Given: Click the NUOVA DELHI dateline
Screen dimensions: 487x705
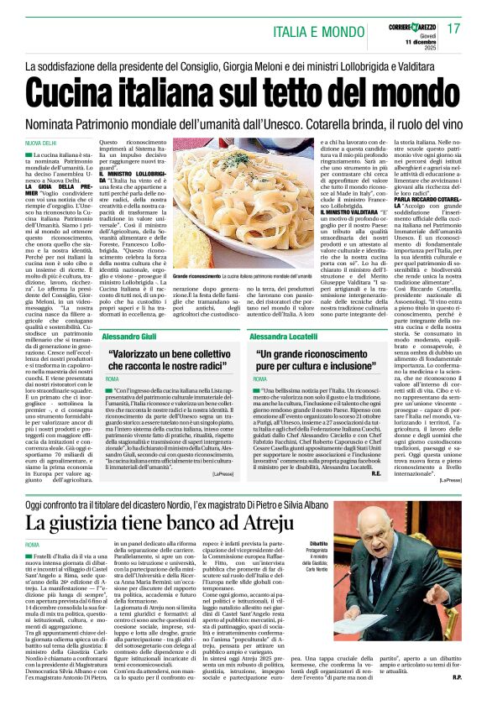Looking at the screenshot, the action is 42,144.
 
